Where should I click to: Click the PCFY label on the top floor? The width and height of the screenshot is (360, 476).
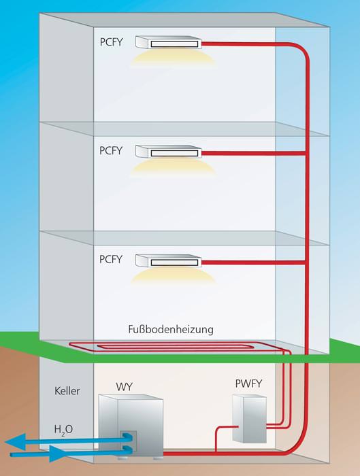(111, 42)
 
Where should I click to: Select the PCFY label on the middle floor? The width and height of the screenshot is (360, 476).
(111, 150)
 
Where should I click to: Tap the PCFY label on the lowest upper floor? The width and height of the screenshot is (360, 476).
(111, 259)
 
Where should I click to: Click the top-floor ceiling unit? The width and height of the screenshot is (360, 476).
(168, 42)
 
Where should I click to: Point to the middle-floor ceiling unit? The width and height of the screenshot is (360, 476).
(168, 151)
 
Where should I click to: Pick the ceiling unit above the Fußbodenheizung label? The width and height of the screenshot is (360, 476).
(168, 260)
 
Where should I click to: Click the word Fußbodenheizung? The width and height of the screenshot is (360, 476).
(171, 329)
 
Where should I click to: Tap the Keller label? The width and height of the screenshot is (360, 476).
(67, 391)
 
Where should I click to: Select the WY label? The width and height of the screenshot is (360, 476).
(125, 387)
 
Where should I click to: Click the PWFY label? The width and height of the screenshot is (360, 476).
(248, 384)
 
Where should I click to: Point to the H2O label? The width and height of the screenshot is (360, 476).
(63, 430)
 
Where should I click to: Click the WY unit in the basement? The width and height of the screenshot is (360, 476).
(131, 426)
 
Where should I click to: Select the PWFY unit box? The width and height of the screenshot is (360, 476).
(250, 418)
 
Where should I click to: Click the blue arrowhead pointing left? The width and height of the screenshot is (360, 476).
(14, 442)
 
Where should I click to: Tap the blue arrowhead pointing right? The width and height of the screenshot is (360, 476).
(59, 454)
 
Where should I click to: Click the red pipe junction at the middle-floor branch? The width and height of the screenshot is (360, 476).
(306, 153)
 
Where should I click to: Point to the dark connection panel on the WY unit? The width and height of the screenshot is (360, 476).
(128, 442)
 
